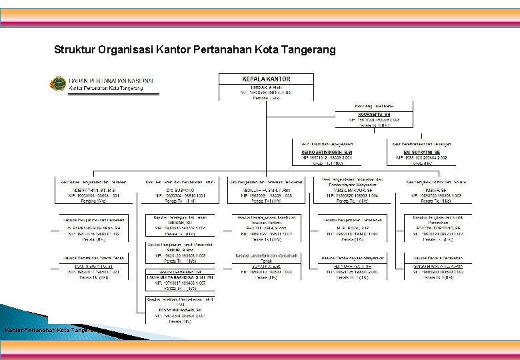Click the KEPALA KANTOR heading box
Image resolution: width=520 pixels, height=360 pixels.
[x=266, y=79]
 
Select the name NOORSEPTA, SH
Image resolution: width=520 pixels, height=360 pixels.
[x=373, y=114]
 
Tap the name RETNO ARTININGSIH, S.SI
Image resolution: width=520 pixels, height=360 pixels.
[x=323, y=152]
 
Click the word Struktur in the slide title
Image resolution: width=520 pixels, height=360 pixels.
[x=74, y=50]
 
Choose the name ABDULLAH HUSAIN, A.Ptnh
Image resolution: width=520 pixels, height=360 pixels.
[x=265, y=189]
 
